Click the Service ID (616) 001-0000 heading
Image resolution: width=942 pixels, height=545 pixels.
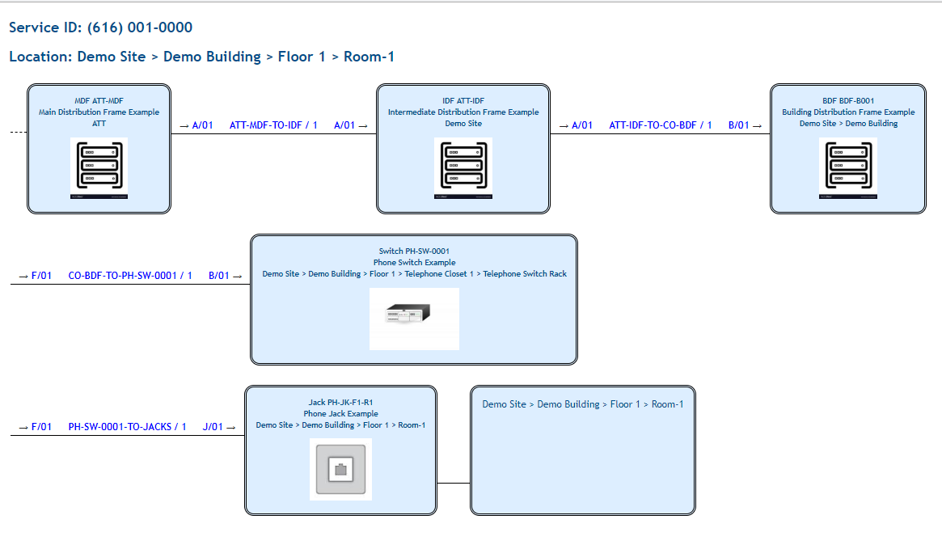(100, 28)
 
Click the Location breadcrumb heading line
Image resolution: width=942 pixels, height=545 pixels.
(201, 57)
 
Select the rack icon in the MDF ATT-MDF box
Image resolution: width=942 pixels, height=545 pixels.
(99, 167)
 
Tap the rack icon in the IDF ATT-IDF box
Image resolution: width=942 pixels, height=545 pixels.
(463, 167)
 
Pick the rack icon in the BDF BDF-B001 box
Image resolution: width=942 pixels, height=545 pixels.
(847, 167)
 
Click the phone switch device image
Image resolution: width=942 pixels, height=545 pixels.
(414, 315)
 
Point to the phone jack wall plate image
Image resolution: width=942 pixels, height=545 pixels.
(340, 469)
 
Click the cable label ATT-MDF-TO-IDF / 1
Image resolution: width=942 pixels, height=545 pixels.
(273, 125)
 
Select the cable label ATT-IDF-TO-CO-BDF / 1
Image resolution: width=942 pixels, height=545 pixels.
(660, 125)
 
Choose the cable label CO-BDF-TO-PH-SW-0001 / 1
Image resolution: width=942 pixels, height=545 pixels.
(129, 276)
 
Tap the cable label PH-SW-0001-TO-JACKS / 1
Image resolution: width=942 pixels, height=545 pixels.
(127, 427)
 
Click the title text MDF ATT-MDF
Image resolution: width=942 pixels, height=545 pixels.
(99, 101)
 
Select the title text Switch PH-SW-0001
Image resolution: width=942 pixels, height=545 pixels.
(414, 251)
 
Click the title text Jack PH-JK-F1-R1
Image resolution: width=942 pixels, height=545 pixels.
(340, 403)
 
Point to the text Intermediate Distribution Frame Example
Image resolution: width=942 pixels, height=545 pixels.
(463, 112)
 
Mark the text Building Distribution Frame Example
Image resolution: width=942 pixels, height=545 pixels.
(848, 112)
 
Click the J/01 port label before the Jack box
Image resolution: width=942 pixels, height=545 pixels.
(213, 427)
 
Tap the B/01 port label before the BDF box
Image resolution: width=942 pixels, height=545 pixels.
(739, 125)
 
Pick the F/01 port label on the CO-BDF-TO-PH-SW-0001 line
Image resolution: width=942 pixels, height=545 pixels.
(41, 276)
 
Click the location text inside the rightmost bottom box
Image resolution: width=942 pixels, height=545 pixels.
(582, 404)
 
